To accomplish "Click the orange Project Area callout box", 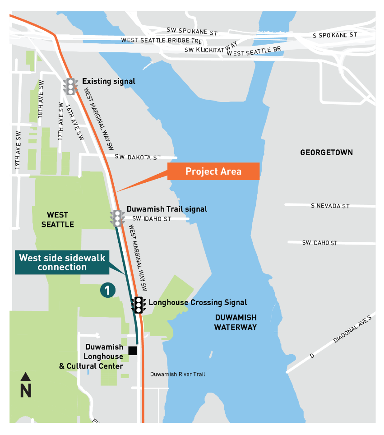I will (213, 171).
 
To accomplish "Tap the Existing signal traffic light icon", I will (70, 86).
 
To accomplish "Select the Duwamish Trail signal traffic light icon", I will (117, 217).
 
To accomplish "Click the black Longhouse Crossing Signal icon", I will (139, 305).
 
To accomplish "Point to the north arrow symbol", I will (26, 385).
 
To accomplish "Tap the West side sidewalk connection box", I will (62, 262).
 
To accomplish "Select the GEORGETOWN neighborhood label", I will (326, 153).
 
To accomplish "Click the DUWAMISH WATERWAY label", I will (235, 322).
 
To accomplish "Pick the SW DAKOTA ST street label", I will (138, 157).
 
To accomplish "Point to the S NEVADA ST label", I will (330, 206).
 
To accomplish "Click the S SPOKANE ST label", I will (335, 35).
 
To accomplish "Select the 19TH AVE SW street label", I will (18, 150).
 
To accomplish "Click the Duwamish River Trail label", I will (177, 374).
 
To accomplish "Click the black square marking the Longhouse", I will (133, 351).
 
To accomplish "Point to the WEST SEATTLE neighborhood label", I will (58, 220).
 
